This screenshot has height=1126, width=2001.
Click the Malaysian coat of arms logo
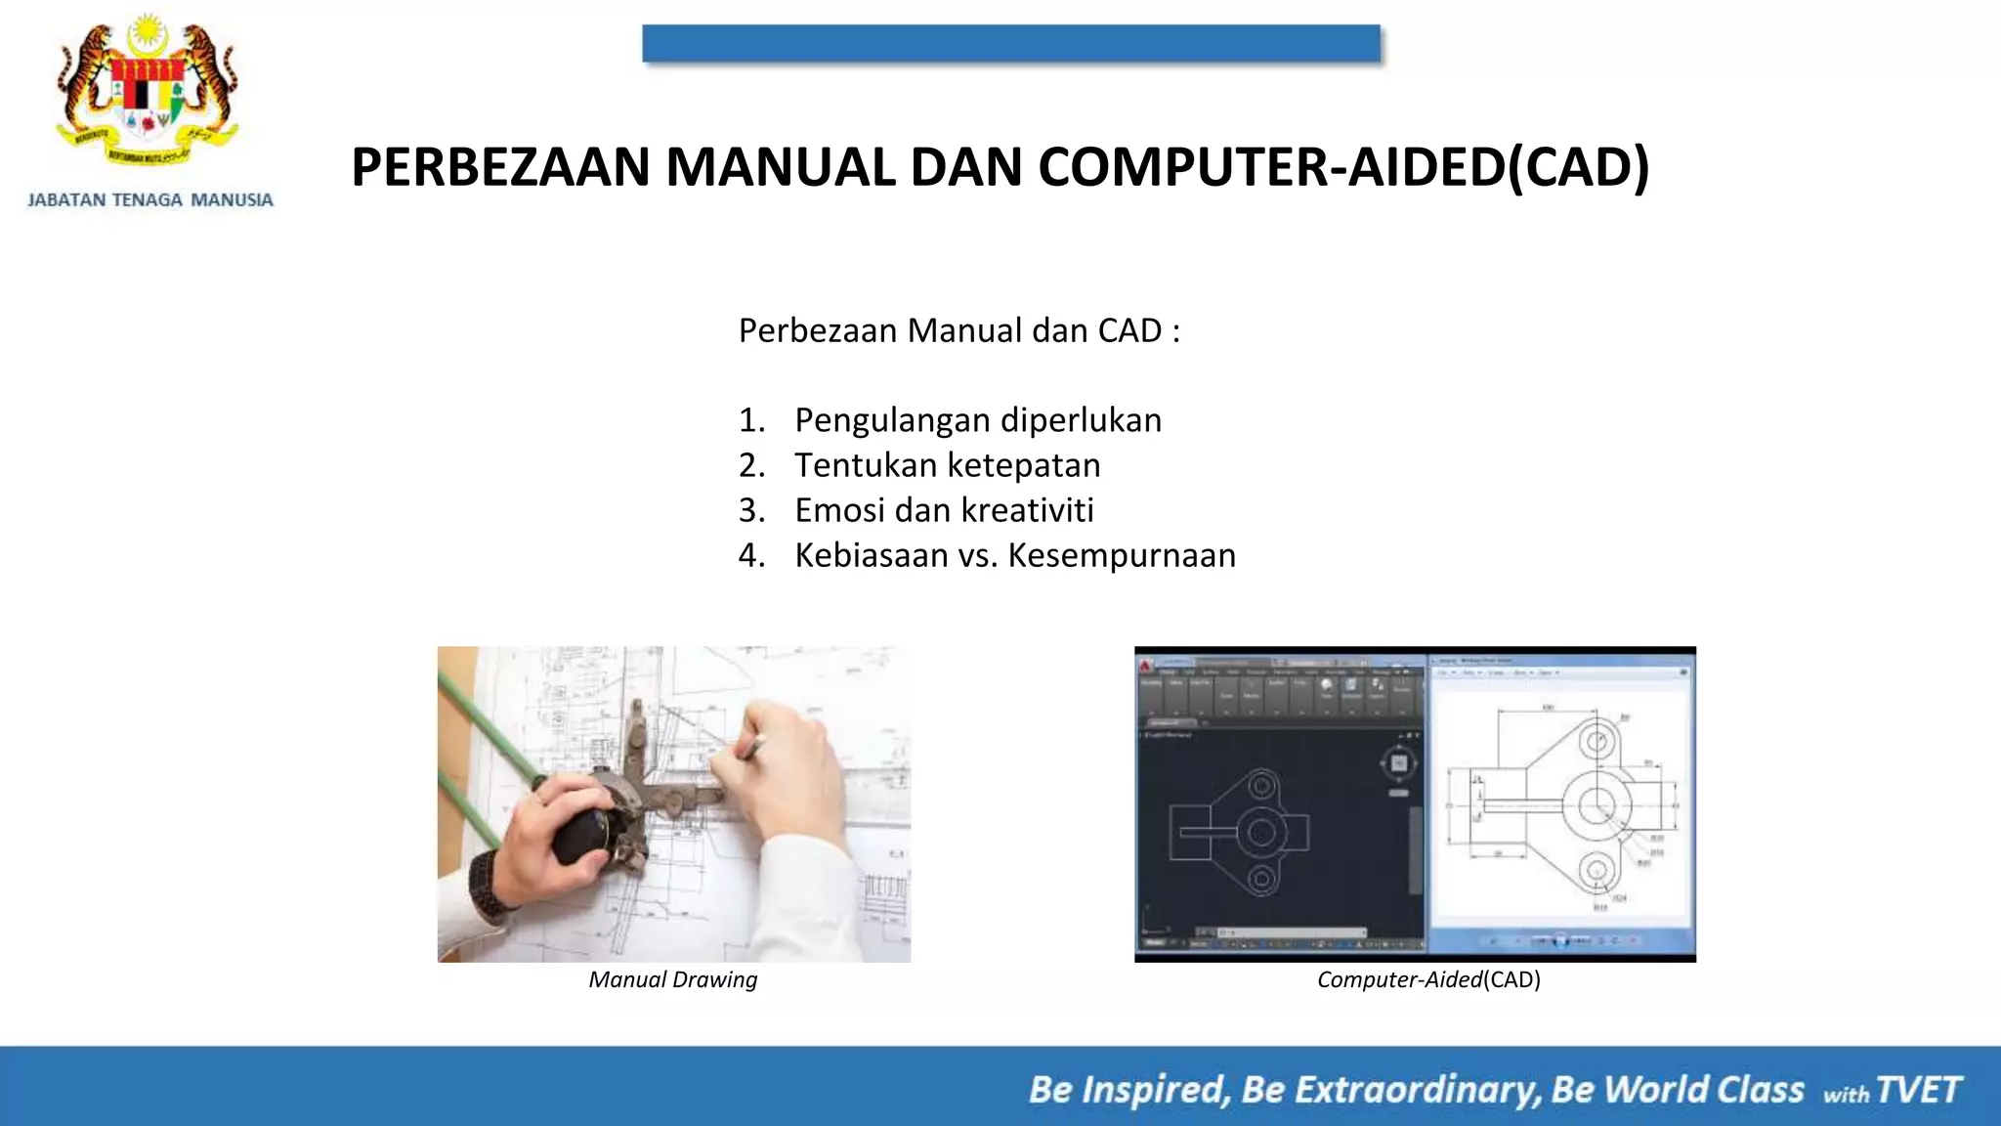(x=148, y=93)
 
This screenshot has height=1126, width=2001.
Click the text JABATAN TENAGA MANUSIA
(x=150, y=200)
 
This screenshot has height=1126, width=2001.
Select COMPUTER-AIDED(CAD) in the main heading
(x=1343, y=167)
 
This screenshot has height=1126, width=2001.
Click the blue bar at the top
(x=1011, y=44)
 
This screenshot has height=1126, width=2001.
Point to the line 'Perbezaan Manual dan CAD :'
(x=958, y=330)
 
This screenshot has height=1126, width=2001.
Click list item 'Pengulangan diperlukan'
(x=978, y=420)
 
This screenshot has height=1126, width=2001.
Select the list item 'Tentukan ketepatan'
(x=947, y=465)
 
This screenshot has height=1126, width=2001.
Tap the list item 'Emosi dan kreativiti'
(x=944, y=510)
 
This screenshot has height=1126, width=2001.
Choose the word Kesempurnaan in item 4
(x=1122, y=555)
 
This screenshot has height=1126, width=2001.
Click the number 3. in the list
(x=751, y=510)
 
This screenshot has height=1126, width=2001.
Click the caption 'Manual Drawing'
(x=673, y=979)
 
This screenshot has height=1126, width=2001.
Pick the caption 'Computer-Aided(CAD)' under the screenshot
(x=1428, y=979)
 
